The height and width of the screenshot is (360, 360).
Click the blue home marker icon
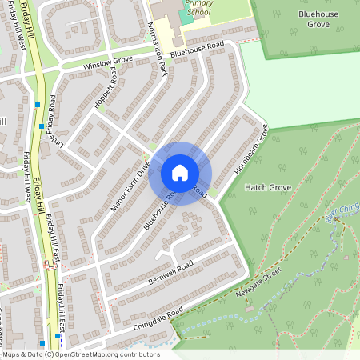pos(180,173)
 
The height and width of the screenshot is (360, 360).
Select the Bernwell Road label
pos(171,274)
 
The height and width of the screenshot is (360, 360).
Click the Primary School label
pos(198,8)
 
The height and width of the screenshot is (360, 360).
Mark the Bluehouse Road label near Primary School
pos(197,48)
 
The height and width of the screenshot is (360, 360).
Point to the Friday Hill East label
pos(53,240)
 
